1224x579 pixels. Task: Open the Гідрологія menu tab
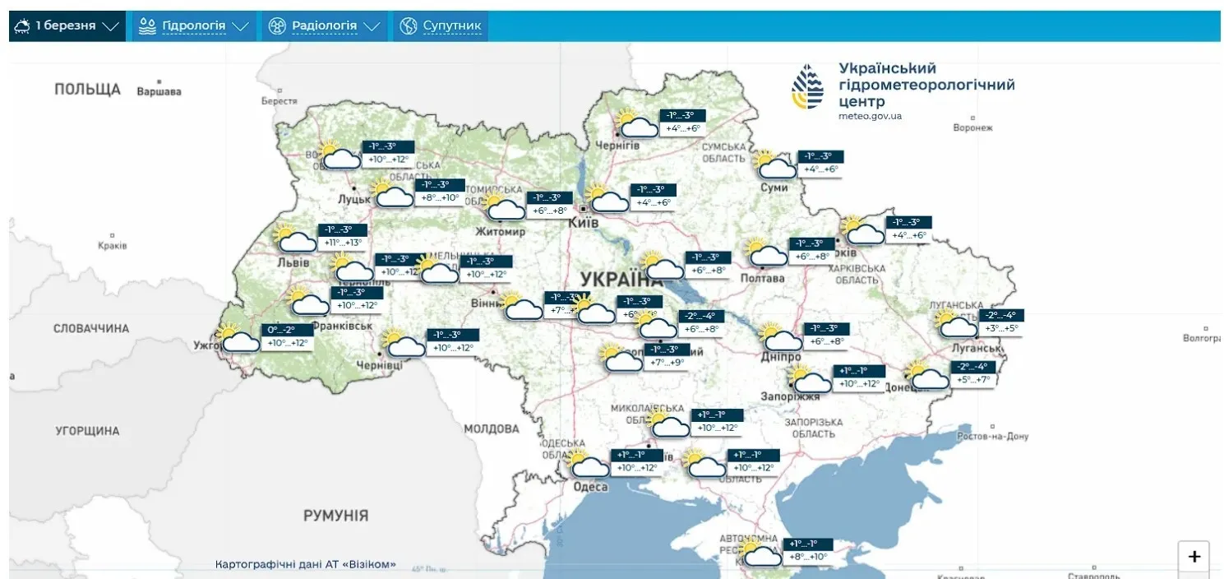click(x=194, y=26)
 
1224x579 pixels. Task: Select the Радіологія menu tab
click(x=325, y=26)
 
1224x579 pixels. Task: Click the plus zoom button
click(x=1194, y=557)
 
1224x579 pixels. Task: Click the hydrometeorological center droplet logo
click(x=806, y=87)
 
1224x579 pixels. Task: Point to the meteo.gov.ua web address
click(x=870, y=116)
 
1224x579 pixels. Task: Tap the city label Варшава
click(x=159, y=91)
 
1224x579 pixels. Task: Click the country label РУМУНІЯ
click(x=335, y=516)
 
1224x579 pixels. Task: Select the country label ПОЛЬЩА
click(x=87, y=89)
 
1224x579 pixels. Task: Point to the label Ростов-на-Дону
click(x=991, y=436)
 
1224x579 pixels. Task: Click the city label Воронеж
click(x=972, y=127)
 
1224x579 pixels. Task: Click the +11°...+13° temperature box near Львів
click(x=343, y=243)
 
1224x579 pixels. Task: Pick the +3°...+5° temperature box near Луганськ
click(x=1000, y=328)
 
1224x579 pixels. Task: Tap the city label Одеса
click(x=589, y=487)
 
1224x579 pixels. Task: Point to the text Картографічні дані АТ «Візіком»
click(x=305, y=565)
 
